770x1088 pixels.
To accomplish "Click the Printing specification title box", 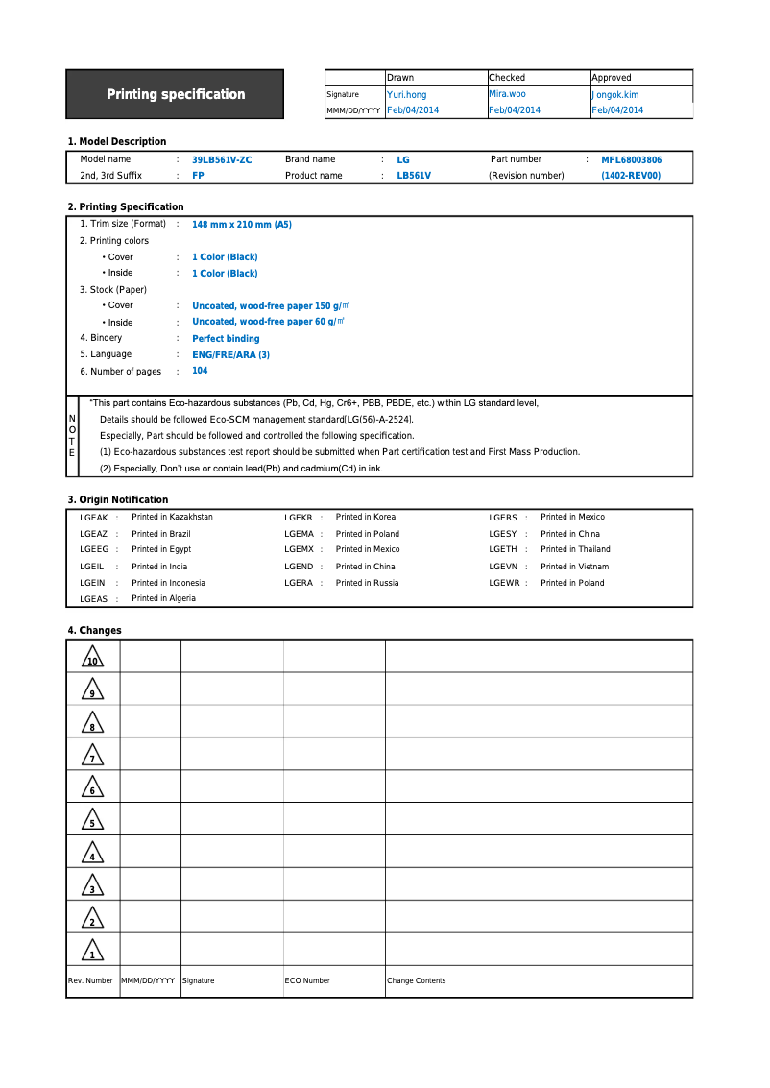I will click(x=175, y=94).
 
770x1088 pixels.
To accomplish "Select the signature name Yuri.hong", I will click(x=406, y=95).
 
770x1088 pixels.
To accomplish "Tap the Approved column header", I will click(x=612, y=78).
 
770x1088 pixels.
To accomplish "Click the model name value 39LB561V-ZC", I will click(x=222, y=160).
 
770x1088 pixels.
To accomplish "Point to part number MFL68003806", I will click(x=631, y=160).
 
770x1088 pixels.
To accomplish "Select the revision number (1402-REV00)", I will click(x=631, y=176).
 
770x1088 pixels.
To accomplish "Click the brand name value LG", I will click(x=403, y=160).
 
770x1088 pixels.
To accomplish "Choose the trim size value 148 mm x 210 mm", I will click(x=242, y=225).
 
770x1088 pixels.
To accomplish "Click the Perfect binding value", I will click(x=226, y=339).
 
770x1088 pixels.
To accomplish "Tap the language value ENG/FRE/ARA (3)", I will click(x=230, y=355).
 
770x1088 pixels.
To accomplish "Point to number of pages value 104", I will click(x=200, y=371).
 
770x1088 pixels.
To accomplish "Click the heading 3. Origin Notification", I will click(x=117, y=499).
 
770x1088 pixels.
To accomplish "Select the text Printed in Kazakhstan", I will click(x=172, y=517).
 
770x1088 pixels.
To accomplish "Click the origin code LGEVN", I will click(x=503, y=567).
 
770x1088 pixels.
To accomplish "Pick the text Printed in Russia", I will click(x=367, y=583).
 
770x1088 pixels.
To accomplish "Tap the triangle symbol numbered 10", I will click(x=92, y=658).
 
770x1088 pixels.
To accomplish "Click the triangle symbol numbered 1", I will click(x=92, y=951).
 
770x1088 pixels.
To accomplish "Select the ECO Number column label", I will click(x=307, y=980).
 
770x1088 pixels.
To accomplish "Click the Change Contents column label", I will click(x=416, y=980).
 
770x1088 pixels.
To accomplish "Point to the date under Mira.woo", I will click(x=515, y=110).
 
